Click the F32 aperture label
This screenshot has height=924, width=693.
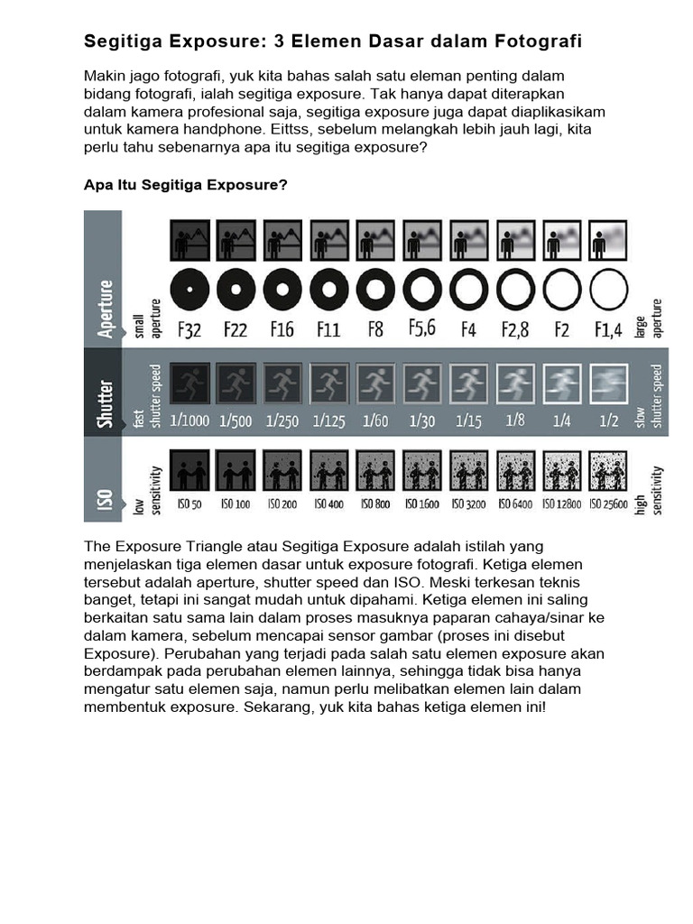pyautogui.click(x=189, y=330)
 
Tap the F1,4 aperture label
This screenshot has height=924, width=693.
pyautogui.click(x=607, y=330)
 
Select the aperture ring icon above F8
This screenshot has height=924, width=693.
pyautogui.click(x=375, y=290)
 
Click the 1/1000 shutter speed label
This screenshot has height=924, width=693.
pyautogui.click(x=189, y=420)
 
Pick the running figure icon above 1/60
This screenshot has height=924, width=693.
pyautogui.click(x=375, y=383)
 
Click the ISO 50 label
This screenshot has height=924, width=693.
pyautogui.click(x=189, y=504)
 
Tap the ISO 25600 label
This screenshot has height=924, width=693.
pyautogui.click(x=607, y=504)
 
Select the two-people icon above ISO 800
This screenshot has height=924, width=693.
pyautogui.click(x=375, y=470)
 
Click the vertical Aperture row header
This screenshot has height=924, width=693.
pyautogui.click(x=104, y=308)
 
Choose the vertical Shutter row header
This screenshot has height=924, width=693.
pyautogui.click(x=104, y=402)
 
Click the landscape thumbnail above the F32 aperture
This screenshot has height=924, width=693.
pyautogui.click(x=189, y=240)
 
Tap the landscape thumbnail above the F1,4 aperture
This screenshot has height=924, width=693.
pyautogui.click(x=607, y=240)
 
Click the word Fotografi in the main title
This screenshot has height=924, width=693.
pyautogui.click(x=538, y=42)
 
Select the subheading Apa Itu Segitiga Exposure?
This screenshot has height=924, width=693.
pyautogui.click(x=186, y=185)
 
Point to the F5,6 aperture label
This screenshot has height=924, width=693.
pyautogui.click(x=421, y=328)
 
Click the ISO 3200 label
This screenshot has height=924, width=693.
pyautogui.click(x=468, y=504)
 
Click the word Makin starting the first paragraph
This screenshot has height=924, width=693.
pyautogui.click(x=104, y=76)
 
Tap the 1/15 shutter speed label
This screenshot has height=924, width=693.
pyautogui.click(x=468, y=420)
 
